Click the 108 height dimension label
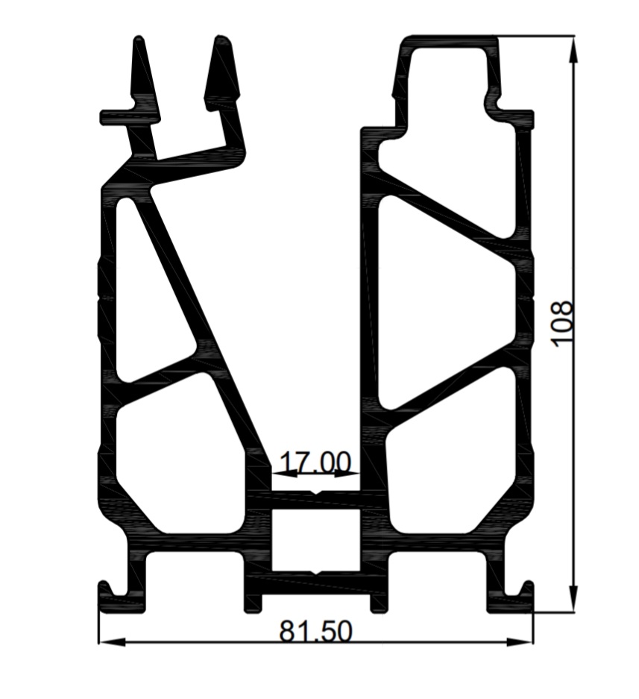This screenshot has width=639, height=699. (x=561, y=323)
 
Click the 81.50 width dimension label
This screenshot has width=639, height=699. (x=316, y=632)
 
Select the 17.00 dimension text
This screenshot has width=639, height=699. (x=315, y=463)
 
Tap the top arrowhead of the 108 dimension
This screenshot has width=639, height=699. (x=574, y=48)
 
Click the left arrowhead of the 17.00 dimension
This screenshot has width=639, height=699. (x=284, y=474)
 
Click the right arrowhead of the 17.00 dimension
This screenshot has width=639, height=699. (x=347, y=474)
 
